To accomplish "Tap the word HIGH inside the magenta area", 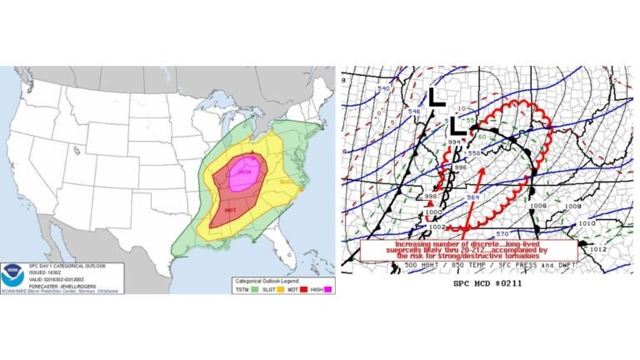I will pos(244,172).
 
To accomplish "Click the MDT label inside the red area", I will pos(231,209).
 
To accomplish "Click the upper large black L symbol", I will pos(436,97).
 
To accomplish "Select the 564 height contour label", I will pos(472,196).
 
